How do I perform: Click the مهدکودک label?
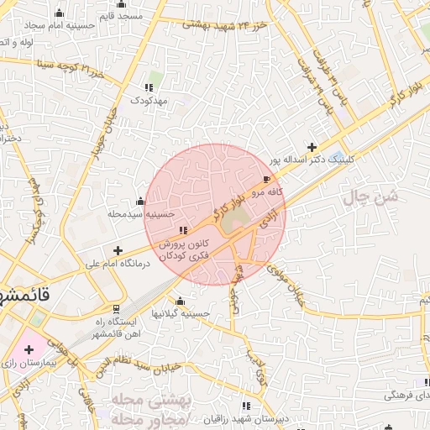(x=149, y=100)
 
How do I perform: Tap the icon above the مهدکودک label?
(x=149, y=87)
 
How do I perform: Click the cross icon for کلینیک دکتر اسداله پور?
(x=312, y=146)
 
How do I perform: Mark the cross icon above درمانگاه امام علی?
(x=118, y=250)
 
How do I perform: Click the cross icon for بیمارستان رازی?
(x=29, y=348)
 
